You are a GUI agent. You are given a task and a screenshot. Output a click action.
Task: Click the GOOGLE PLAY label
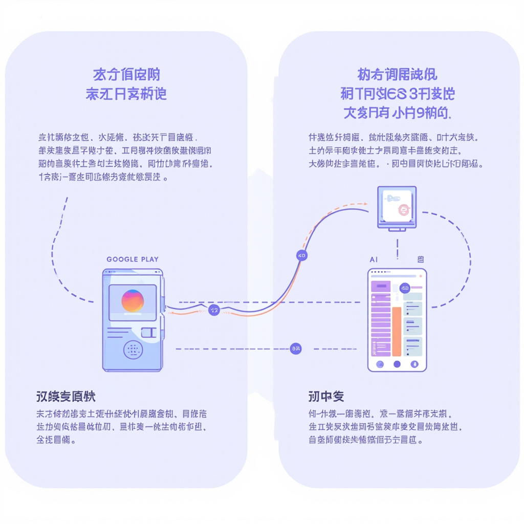133,259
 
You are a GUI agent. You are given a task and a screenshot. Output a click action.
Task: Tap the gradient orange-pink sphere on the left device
133,300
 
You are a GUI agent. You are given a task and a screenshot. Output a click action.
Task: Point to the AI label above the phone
373,260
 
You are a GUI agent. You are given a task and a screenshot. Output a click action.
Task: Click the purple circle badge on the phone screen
404,288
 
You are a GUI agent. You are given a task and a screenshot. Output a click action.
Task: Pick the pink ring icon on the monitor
404,208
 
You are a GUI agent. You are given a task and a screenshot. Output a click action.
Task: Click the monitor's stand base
397,229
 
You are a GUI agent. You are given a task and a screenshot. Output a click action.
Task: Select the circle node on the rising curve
301,255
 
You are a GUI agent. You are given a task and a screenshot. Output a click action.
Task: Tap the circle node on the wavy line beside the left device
214,310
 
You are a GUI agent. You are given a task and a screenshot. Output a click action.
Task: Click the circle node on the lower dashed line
296,348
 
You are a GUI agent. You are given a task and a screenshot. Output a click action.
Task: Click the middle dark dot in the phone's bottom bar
397,364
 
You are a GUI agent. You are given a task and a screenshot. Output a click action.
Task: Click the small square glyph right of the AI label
420,260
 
